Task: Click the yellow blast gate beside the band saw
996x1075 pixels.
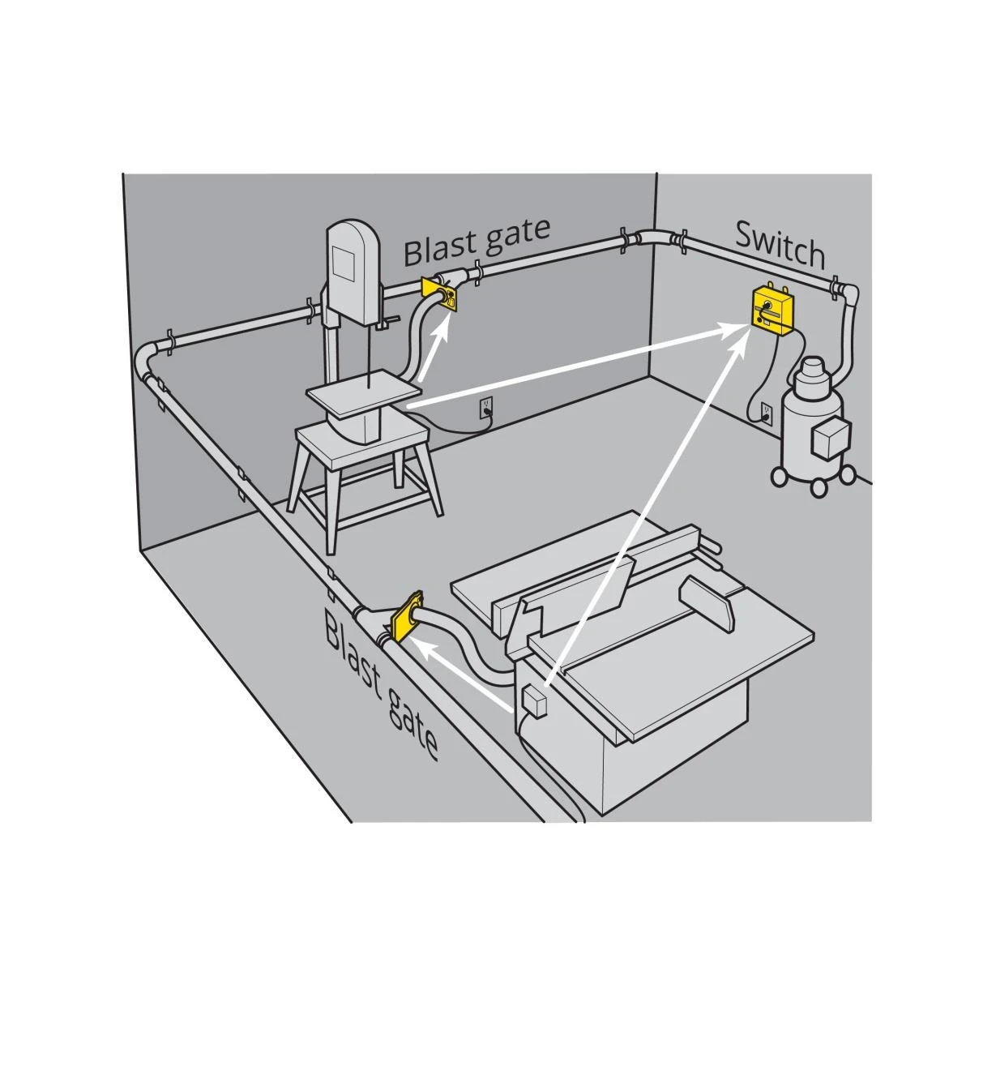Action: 439,294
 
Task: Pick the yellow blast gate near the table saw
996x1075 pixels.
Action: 405,619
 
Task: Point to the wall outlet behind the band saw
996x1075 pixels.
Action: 485,408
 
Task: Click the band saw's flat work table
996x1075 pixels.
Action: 363,393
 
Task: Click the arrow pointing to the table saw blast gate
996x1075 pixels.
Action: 460,671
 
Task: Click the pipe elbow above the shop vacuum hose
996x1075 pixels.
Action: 847,294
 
